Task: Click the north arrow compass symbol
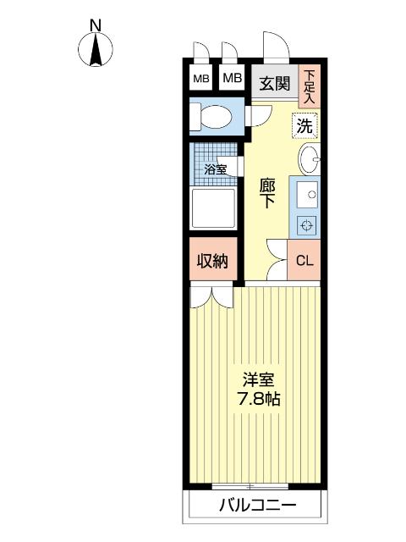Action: (96, 49)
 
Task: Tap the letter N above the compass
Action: (96, 25)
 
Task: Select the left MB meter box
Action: (200, 78)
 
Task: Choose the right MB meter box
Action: (232, 77)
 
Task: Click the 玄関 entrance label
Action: (275, 83)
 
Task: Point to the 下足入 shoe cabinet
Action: (310, 86)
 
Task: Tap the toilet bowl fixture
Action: (211, 117)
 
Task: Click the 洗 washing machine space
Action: (304, 125)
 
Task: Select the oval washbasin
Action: (309, 159)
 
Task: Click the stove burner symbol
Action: (307, 226)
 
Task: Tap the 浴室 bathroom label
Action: (215, 169)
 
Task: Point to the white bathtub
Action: (214, 208)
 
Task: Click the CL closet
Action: (304, 260)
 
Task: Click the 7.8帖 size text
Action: (259, 399)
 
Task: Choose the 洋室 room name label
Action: (259, 380)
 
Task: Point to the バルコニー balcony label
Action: (258, 506)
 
